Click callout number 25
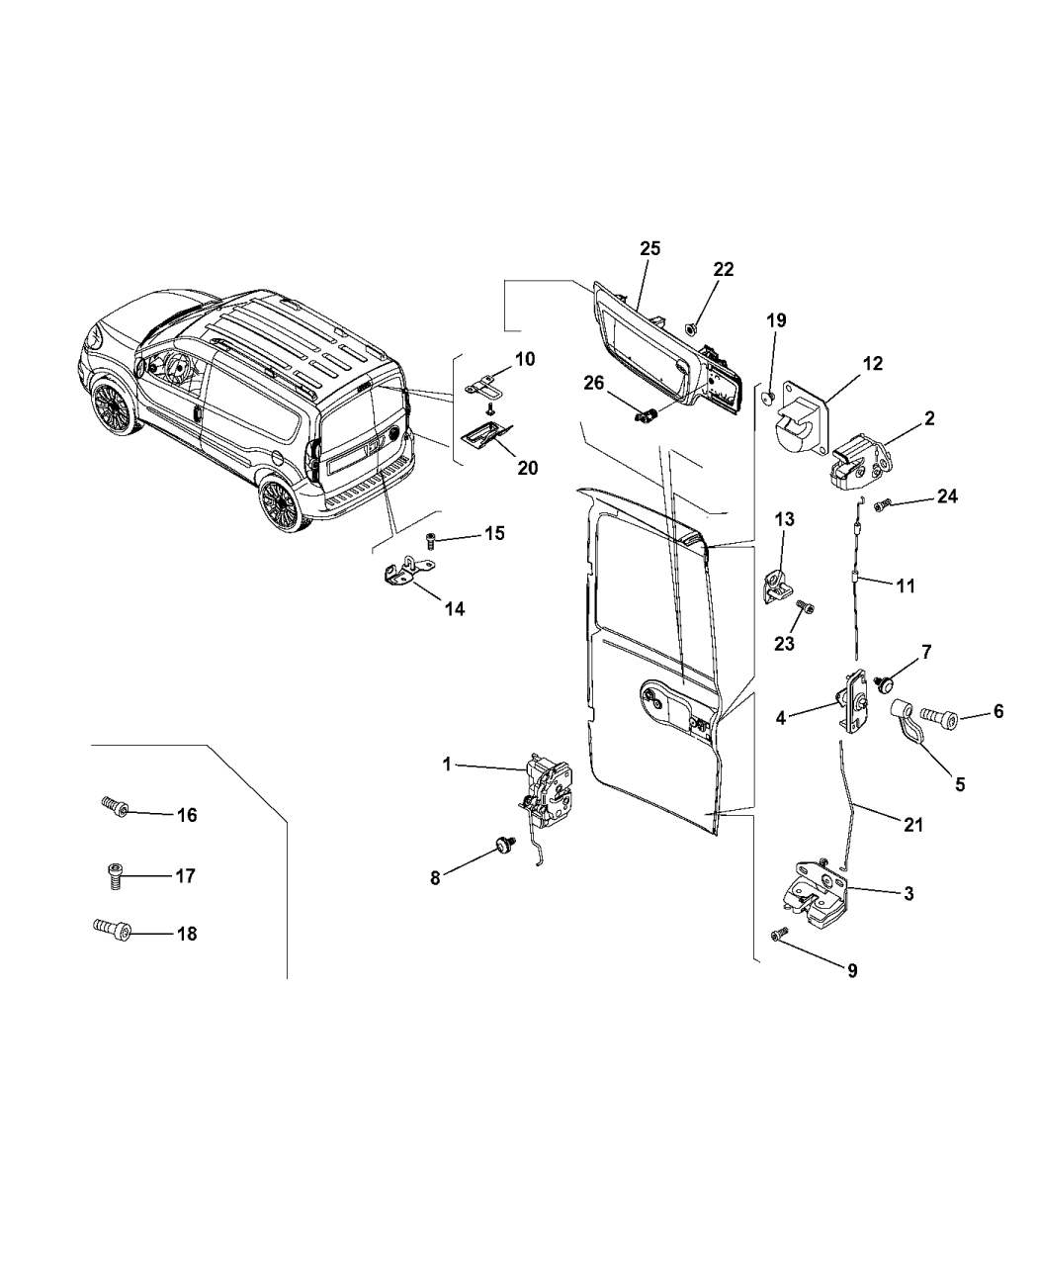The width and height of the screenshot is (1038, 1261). click(x=649, y=248)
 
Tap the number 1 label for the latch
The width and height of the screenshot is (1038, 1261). click(x=447, y=764)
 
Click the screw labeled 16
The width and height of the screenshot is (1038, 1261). click(x=115, y=808)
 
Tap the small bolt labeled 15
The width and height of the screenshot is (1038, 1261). click(x=432, y=539)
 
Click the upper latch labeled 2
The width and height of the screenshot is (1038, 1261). click(x=857, y=462)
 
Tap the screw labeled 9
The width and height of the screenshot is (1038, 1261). click(x=780, y=932)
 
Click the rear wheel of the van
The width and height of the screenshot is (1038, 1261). click(x=281, y=504)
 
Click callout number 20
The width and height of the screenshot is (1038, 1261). click(x=528, y=467)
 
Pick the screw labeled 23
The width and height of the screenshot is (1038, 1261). click(x=806, y=603)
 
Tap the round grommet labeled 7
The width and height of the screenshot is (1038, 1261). click(x=887, y=681)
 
